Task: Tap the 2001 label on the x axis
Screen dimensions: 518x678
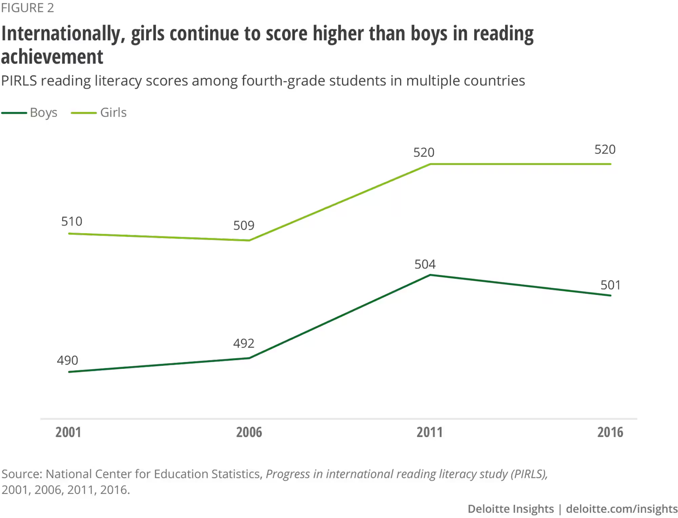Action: coord(68,432)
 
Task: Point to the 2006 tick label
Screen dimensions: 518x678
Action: coord(249,432)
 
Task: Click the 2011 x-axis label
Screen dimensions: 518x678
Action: coord(430,432)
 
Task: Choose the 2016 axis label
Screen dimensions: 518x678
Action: coord(610,432)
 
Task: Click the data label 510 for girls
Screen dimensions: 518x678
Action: coord(72,221)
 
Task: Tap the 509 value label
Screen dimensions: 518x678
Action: coord(244,225)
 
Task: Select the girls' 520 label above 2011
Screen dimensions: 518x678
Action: coord(424,153)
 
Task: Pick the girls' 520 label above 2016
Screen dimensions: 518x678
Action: coord(605,150)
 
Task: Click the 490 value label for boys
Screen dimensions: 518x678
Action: coord(67,360)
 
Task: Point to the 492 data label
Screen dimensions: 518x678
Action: coord(244,343)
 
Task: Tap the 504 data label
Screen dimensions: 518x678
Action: coord(425,264)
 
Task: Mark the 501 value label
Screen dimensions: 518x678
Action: coord(611,285)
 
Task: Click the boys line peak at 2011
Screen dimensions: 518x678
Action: coord(430,275)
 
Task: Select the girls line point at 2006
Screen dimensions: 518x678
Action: coord(249,240)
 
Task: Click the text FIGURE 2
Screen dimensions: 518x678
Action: coord(27,8)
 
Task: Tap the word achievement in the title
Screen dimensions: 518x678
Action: coord(52,57)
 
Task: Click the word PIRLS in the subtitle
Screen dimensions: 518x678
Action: coord(19,81)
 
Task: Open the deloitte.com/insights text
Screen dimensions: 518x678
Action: coord(622,509)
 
